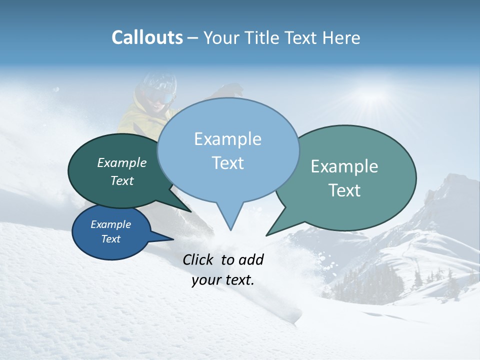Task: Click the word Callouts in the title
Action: [147, 38]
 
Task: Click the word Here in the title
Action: [341, 38]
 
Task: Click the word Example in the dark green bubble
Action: [121, 163]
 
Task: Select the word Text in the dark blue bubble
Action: [110, 239]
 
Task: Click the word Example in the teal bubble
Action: [344, 166]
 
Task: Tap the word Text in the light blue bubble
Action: [228, 163]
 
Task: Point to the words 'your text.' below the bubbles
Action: [223, 280]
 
